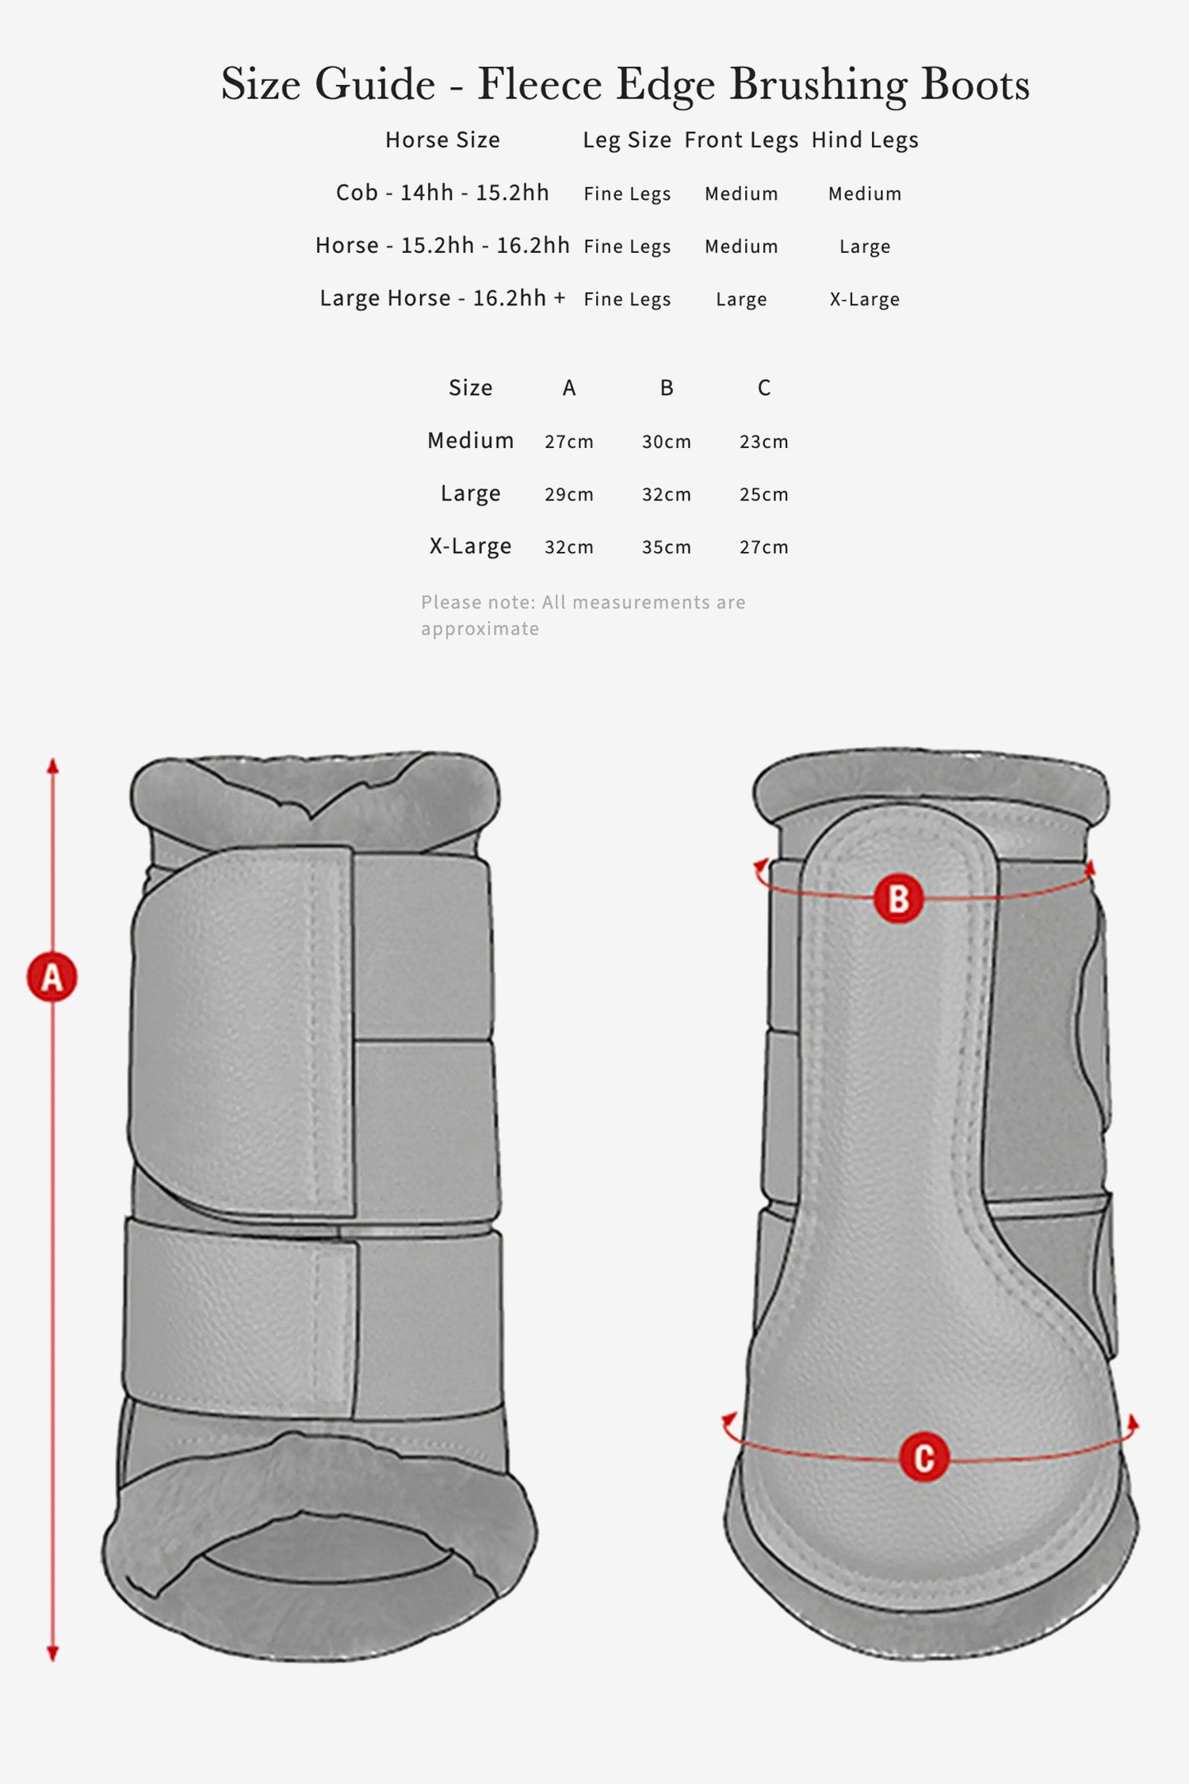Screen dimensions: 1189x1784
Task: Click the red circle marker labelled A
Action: (52, 977)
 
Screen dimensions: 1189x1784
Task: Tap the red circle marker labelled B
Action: (898, 899)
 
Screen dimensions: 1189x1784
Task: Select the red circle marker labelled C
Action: (924, 1457)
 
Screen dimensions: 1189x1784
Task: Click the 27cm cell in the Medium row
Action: (569, 442)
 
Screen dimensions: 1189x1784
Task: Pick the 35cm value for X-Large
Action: (667, 547)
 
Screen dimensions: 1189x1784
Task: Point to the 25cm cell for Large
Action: (764, 495)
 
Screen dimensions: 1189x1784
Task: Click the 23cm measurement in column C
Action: (764, 442)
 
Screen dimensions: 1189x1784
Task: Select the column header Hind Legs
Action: (865, 140)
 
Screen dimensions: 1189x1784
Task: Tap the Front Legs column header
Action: (741, 140)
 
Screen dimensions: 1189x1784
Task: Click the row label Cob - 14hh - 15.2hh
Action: (442, 193)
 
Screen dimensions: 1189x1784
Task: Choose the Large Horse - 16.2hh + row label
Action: (442, 298)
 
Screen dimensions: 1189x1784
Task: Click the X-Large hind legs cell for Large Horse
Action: (865, 300)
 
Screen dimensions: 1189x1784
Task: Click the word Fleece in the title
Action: (539, 83)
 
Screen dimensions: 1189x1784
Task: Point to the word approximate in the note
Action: (480, 629)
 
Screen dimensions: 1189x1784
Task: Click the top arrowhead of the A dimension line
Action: (52, 765)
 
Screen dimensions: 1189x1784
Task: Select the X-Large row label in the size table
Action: (470, 547)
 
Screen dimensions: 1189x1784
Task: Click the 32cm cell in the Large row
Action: (667, 495)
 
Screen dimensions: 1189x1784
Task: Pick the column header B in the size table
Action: (667, 388)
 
